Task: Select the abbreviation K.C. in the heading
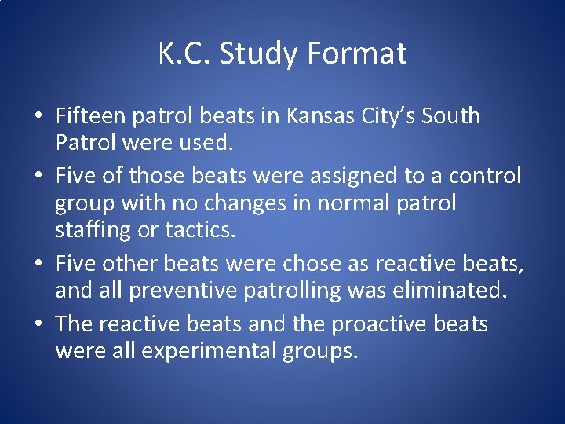tap(184, 53)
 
